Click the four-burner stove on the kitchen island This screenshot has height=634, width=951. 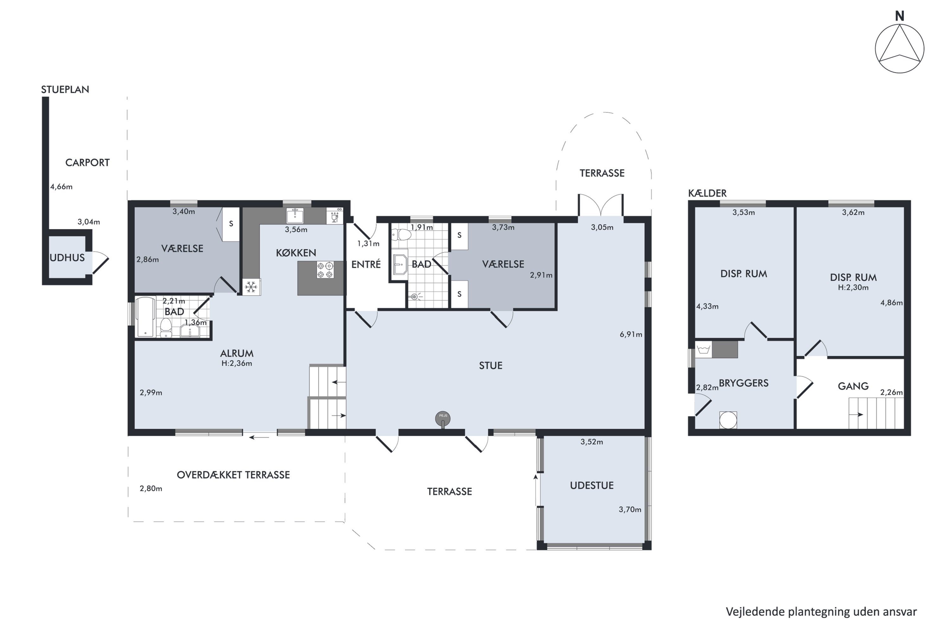325,270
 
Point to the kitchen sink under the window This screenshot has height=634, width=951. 295,216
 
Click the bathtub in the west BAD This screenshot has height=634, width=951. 146,317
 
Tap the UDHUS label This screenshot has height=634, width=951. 67,257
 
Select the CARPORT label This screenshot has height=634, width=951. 87,163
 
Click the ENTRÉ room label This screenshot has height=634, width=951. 366,264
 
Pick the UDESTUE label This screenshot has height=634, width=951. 592,485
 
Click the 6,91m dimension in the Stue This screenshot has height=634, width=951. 631,334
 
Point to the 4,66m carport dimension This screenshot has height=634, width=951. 61,187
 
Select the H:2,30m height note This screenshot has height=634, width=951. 853,288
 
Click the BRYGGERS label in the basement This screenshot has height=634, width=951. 744,383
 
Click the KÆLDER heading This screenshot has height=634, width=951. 707,193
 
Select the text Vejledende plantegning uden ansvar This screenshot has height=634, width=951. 821,612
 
